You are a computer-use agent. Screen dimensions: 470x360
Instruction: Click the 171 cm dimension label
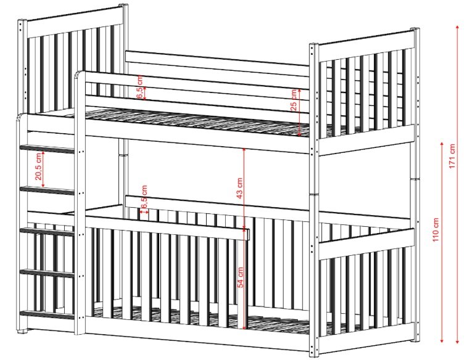pyautogui.click(x=453, y=156)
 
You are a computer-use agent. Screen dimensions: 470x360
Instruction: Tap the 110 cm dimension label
pyautogui.click(x=435, y=229)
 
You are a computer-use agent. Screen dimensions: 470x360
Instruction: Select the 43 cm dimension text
pyautogui.click(x=239, y=189)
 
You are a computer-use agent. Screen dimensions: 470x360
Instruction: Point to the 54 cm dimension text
pyautogui.click(x=241, y=277)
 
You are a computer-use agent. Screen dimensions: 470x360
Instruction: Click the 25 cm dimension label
pyautogui.click(x=294, y=100)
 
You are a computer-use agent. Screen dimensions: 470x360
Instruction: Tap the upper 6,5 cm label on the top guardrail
pyautogui.click(x=140, y=87)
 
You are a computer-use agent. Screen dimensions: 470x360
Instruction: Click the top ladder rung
pyautogui.click(x=47, y=149)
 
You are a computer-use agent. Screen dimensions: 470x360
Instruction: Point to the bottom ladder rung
pyautogui.click(x=47, y=315)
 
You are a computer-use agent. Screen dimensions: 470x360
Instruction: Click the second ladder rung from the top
pyautogui.click(x=47, y=190)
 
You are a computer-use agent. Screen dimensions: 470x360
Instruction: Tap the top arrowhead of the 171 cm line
pyautogui.click(x=458, y=27)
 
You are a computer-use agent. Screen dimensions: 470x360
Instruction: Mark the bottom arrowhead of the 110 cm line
pyautogui.click(x=442, y=340)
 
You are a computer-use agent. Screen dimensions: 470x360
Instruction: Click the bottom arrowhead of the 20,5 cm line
pyautogui.click(x=43, y=186)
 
